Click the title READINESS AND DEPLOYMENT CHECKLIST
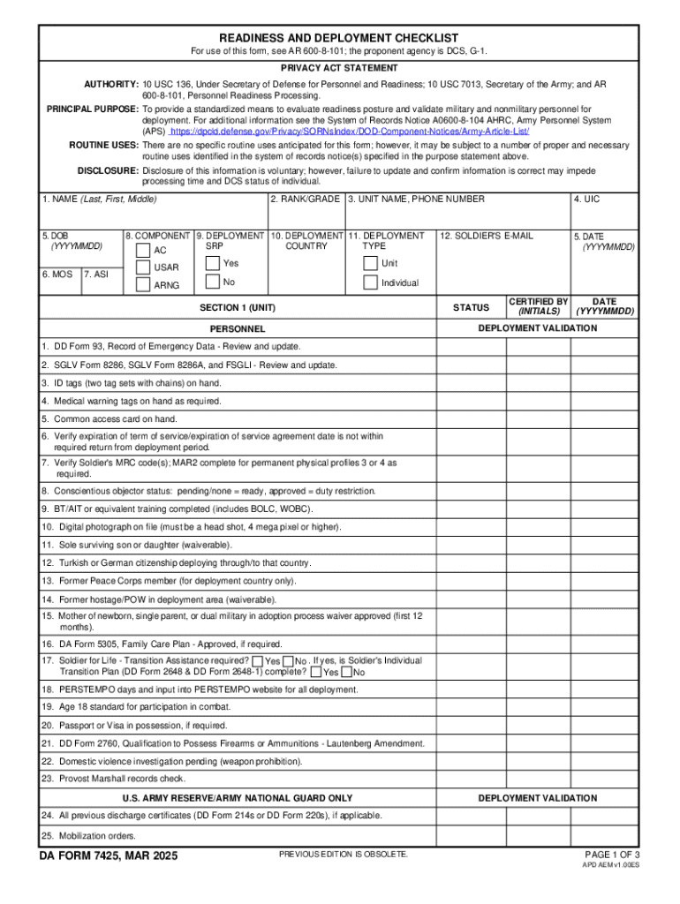339,38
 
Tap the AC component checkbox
142,250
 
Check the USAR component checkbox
142,267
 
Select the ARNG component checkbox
142,284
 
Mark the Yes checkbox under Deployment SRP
212,264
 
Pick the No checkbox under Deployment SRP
212,282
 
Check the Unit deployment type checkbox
370,264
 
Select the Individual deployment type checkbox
370,282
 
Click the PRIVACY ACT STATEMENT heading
339,68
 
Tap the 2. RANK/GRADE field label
305,200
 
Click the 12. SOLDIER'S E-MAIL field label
487,236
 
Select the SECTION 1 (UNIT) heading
238,307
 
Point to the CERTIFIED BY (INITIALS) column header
538,307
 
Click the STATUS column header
470,307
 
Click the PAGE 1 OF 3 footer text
612,855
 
